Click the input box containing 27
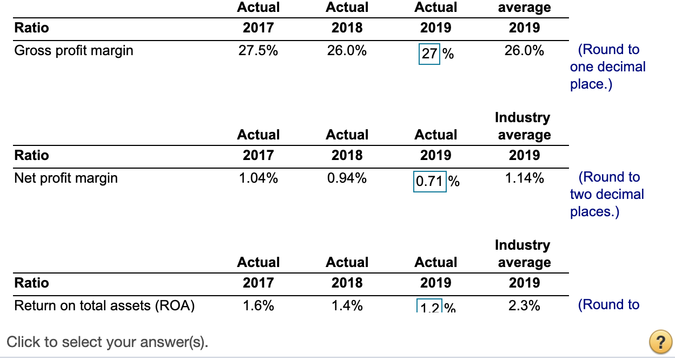429,54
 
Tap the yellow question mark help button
660,343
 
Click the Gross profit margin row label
74,51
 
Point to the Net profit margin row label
66,178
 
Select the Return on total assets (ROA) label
104,306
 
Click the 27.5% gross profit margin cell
258,51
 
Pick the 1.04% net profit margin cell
258,178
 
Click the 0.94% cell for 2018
347,178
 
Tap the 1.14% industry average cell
524,178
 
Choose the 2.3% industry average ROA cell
524,306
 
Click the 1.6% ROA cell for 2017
258,306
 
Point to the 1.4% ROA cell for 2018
347,306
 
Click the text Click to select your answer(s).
108,342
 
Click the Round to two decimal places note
607,194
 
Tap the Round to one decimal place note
607,66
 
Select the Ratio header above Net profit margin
31,156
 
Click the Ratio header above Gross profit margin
31,28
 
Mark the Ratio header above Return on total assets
31,283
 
